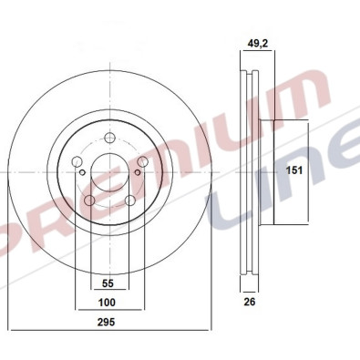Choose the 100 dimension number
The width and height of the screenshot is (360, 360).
[108, 302]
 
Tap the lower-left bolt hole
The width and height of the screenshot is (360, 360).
[88, 200]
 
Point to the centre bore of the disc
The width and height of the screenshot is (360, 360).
[108, 172]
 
